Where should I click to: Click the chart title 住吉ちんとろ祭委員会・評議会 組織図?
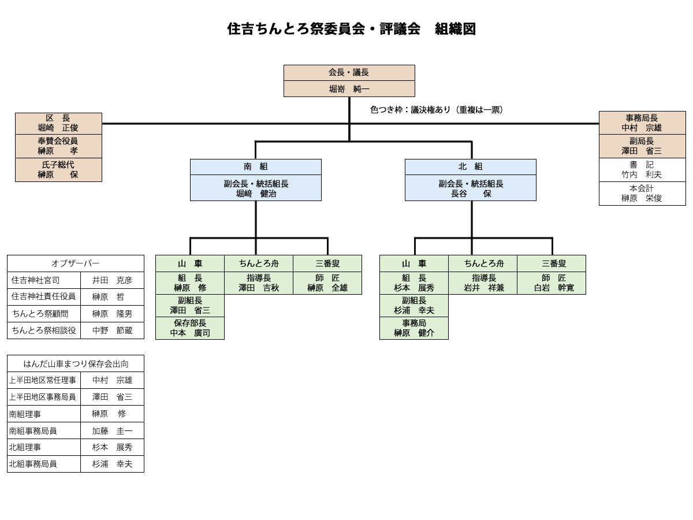click(351, 29)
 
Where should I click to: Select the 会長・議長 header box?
click(349, 73)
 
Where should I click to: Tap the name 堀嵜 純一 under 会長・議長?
click(349, 89)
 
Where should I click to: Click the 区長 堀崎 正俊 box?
click(58, 124)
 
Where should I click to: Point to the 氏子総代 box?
click(58, 170)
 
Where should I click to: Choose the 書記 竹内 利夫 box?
click(642, 170)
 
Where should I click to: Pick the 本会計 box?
click(642, 194)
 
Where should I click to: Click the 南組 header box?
click(255, 167)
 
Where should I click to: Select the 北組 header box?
click(470, 167)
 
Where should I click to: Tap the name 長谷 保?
click(471, 194)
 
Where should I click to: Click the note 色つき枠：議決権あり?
click(437, 110)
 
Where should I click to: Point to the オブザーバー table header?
click(76, 263)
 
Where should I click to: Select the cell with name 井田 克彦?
click(112, 280)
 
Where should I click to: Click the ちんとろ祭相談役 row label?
click(44, 330)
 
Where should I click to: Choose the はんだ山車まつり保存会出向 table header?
click(76, 364)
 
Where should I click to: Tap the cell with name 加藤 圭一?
click(112, 431)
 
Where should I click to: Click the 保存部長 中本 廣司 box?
click(190, 328)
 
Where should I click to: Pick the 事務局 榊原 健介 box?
click(413, 328)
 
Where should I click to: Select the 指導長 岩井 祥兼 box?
click(483, 283)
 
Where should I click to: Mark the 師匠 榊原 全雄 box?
click(327, 283)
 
